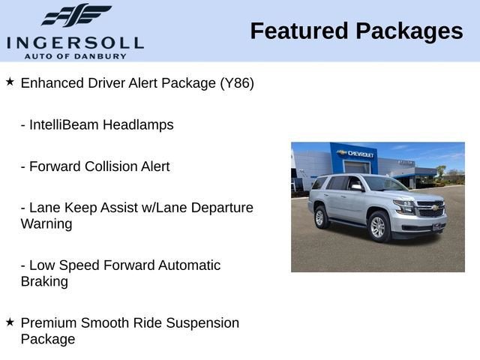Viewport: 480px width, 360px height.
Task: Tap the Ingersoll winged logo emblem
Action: [x=76, y=16]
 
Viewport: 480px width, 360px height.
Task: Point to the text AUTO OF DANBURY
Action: [x=75, y=55]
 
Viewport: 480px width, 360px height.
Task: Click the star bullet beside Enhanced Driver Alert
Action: [x=10, y=81]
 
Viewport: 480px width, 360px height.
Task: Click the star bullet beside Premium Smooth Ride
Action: [x=10, y=322]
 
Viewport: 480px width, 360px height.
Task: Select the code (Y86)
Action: [x=237, y=83]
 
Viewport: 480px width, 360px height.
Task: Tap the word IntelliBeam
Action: [x=62, y=124]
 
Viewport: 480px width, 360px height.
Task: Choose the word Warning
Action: [x=46, y=224]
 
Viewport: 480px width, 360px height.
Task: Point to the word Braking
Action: [x=44, y=282]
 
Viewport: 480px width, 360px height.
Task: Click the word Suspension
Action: [x=203, y=323]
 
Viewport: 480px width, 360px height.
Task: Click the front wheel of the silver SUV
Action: [x=378, y=226]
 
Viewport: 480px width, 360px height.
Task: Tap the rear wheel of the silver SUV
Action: [x=321, y=217]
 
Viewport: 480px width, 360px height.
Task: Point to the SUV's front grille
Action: [x=430, y=210]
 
